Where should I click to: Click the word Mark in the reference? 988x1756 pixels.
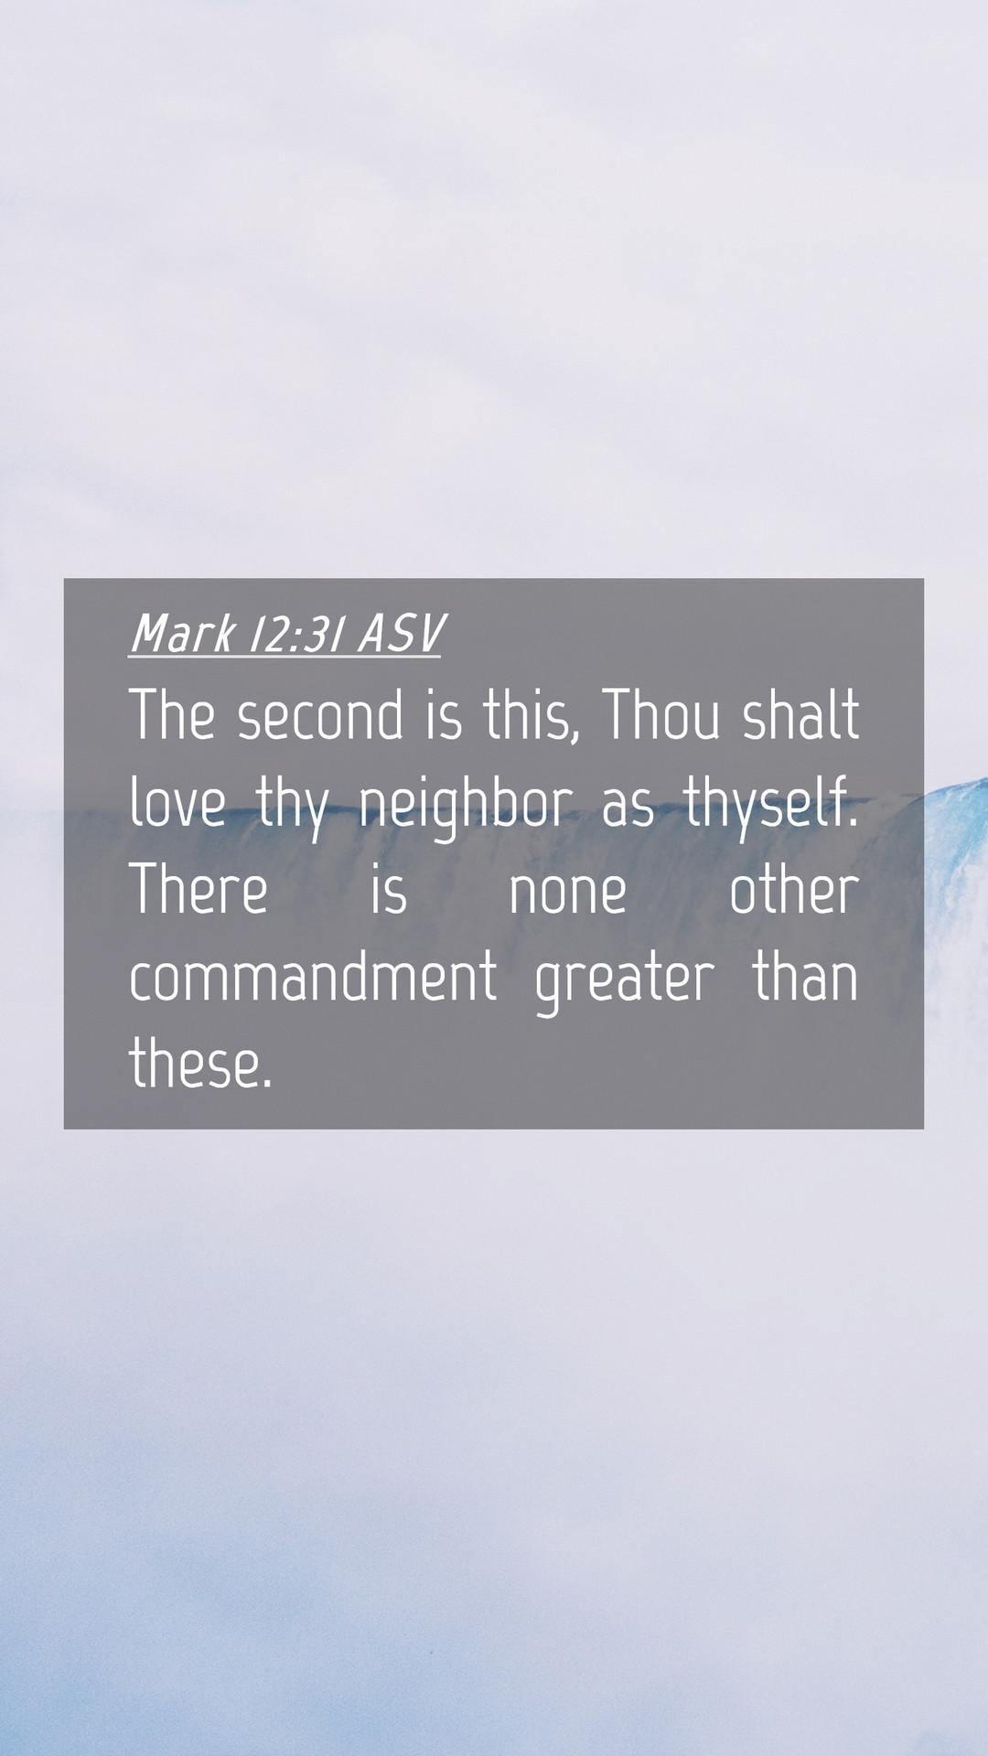click(x=184, y=633)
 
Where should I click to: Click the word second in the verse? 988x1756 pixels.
click(x=320, y=714)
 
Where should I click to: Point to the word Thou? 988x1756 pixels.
click(x=661, y=714)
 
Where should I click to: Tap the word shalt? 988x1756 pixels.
click(x=800, y=714)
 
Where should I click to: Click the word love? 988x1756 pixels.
click(x=177, y=802)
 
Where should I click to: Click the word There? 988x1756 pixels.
click(x=199, y=890)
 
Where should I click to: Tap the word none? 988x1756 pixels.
click(x=567, y=892)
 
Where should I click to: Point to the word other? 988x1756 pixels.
click(x=794, y=890)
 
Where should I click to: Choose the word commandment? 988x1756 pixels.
click(x=313, y=977)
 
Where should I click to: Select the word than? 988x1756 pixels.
click(x=806, y=977)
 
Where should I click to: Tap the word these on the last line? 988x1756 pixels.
click(x=200, y=1064)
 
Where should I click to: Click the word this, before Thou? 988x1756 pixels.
click(x=532, y=715)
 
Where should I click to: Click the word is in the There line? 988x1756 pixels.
click(x=389, y=890)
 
